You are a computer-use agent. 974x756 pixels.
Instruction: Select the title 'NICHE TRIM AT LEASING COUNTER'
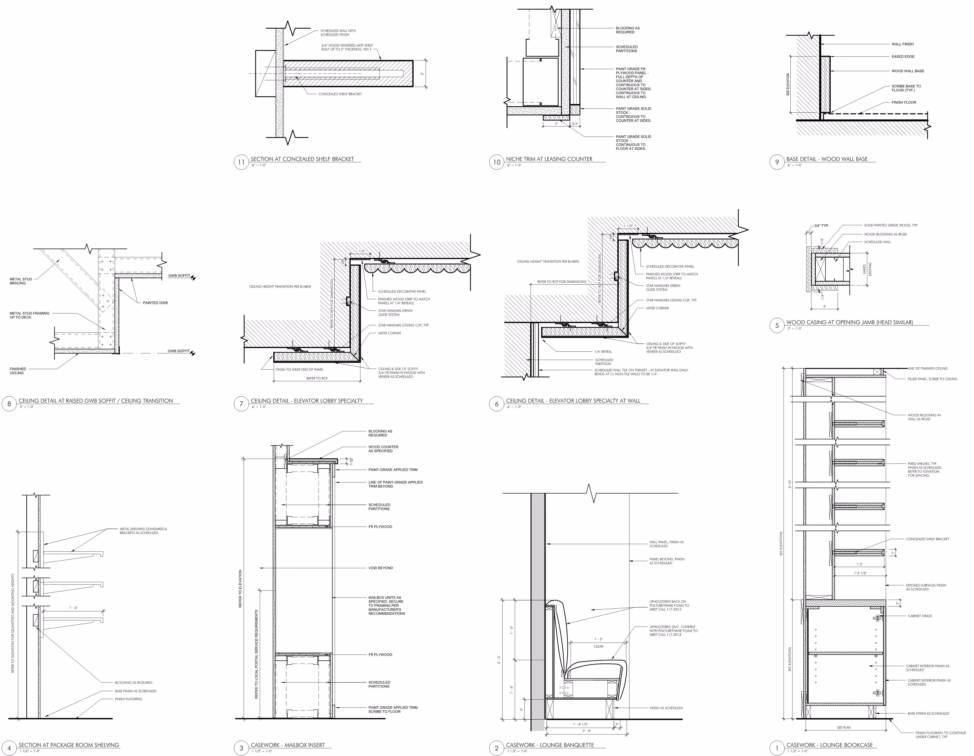(x=549, y=159)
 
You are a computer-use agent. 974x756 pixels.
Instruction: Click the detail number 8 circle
(x=9, y=404)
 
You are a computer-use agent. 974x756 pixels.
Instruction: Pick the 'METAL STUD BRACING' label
(x=21, y=281)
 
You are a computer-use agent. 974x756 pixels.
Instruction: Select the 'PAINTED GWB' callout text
(x=155, y=303)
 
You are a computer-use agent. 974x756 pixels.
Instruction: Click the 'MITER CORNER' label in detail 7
(x=389, y=333)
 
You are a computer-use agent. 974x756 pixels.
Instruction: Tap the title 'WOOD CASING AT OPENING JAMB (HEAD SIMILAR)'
(x=849, y=322)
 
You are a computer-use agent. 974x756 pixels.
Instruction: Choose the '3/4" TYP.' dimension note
(x=822, y=226)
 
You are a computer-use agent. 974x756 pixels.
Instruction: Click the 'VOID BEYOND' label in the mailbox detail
(x=380, y=568)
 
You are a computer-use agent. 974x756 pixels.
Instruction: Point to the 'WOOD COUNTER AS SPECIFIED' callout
(x=383, y=449)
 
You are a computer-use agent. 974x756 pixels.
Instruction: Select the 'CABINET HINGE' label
(x=920, y=616)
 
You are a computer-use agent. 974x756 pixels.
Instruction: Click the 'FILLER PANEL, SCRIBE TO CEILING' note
(x=932, y=379)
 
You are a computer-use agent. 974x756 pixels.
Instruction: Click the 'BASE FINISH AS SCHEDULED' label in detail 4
(x=136, y=691)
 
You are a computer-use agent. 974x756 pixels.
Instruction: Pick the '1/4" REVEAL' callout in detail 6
(x=603, y=351)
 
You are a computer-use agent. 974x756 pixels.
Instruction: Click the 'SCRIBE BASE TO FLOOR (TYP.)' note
(x=906, y=88)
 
